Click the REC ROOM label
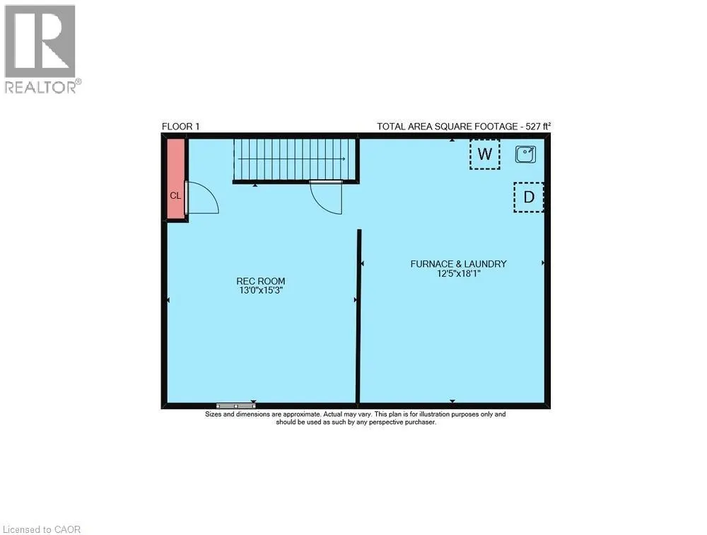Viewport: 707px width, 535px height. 261,281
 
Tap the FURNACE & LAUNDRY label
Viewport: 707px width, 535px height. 458,264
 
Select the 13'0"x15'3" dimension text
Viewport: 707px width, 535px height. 261,290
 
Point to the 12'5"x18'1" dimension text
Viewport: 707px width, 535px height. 458,273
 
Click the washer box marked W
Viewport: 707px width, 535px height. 485,154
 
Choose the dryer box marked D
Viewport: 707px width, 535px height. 528,197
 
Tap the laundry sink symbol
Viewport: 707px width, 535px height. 525,153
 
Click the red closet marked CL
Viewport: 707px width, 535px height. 175,180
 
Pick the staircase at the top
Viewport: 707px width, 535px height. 296,160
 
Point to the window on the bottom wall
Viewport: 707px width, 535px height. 235,405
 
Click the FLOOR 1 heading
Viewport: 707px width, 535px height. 181,127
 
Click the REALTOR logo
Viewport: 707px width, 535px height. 40,48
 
